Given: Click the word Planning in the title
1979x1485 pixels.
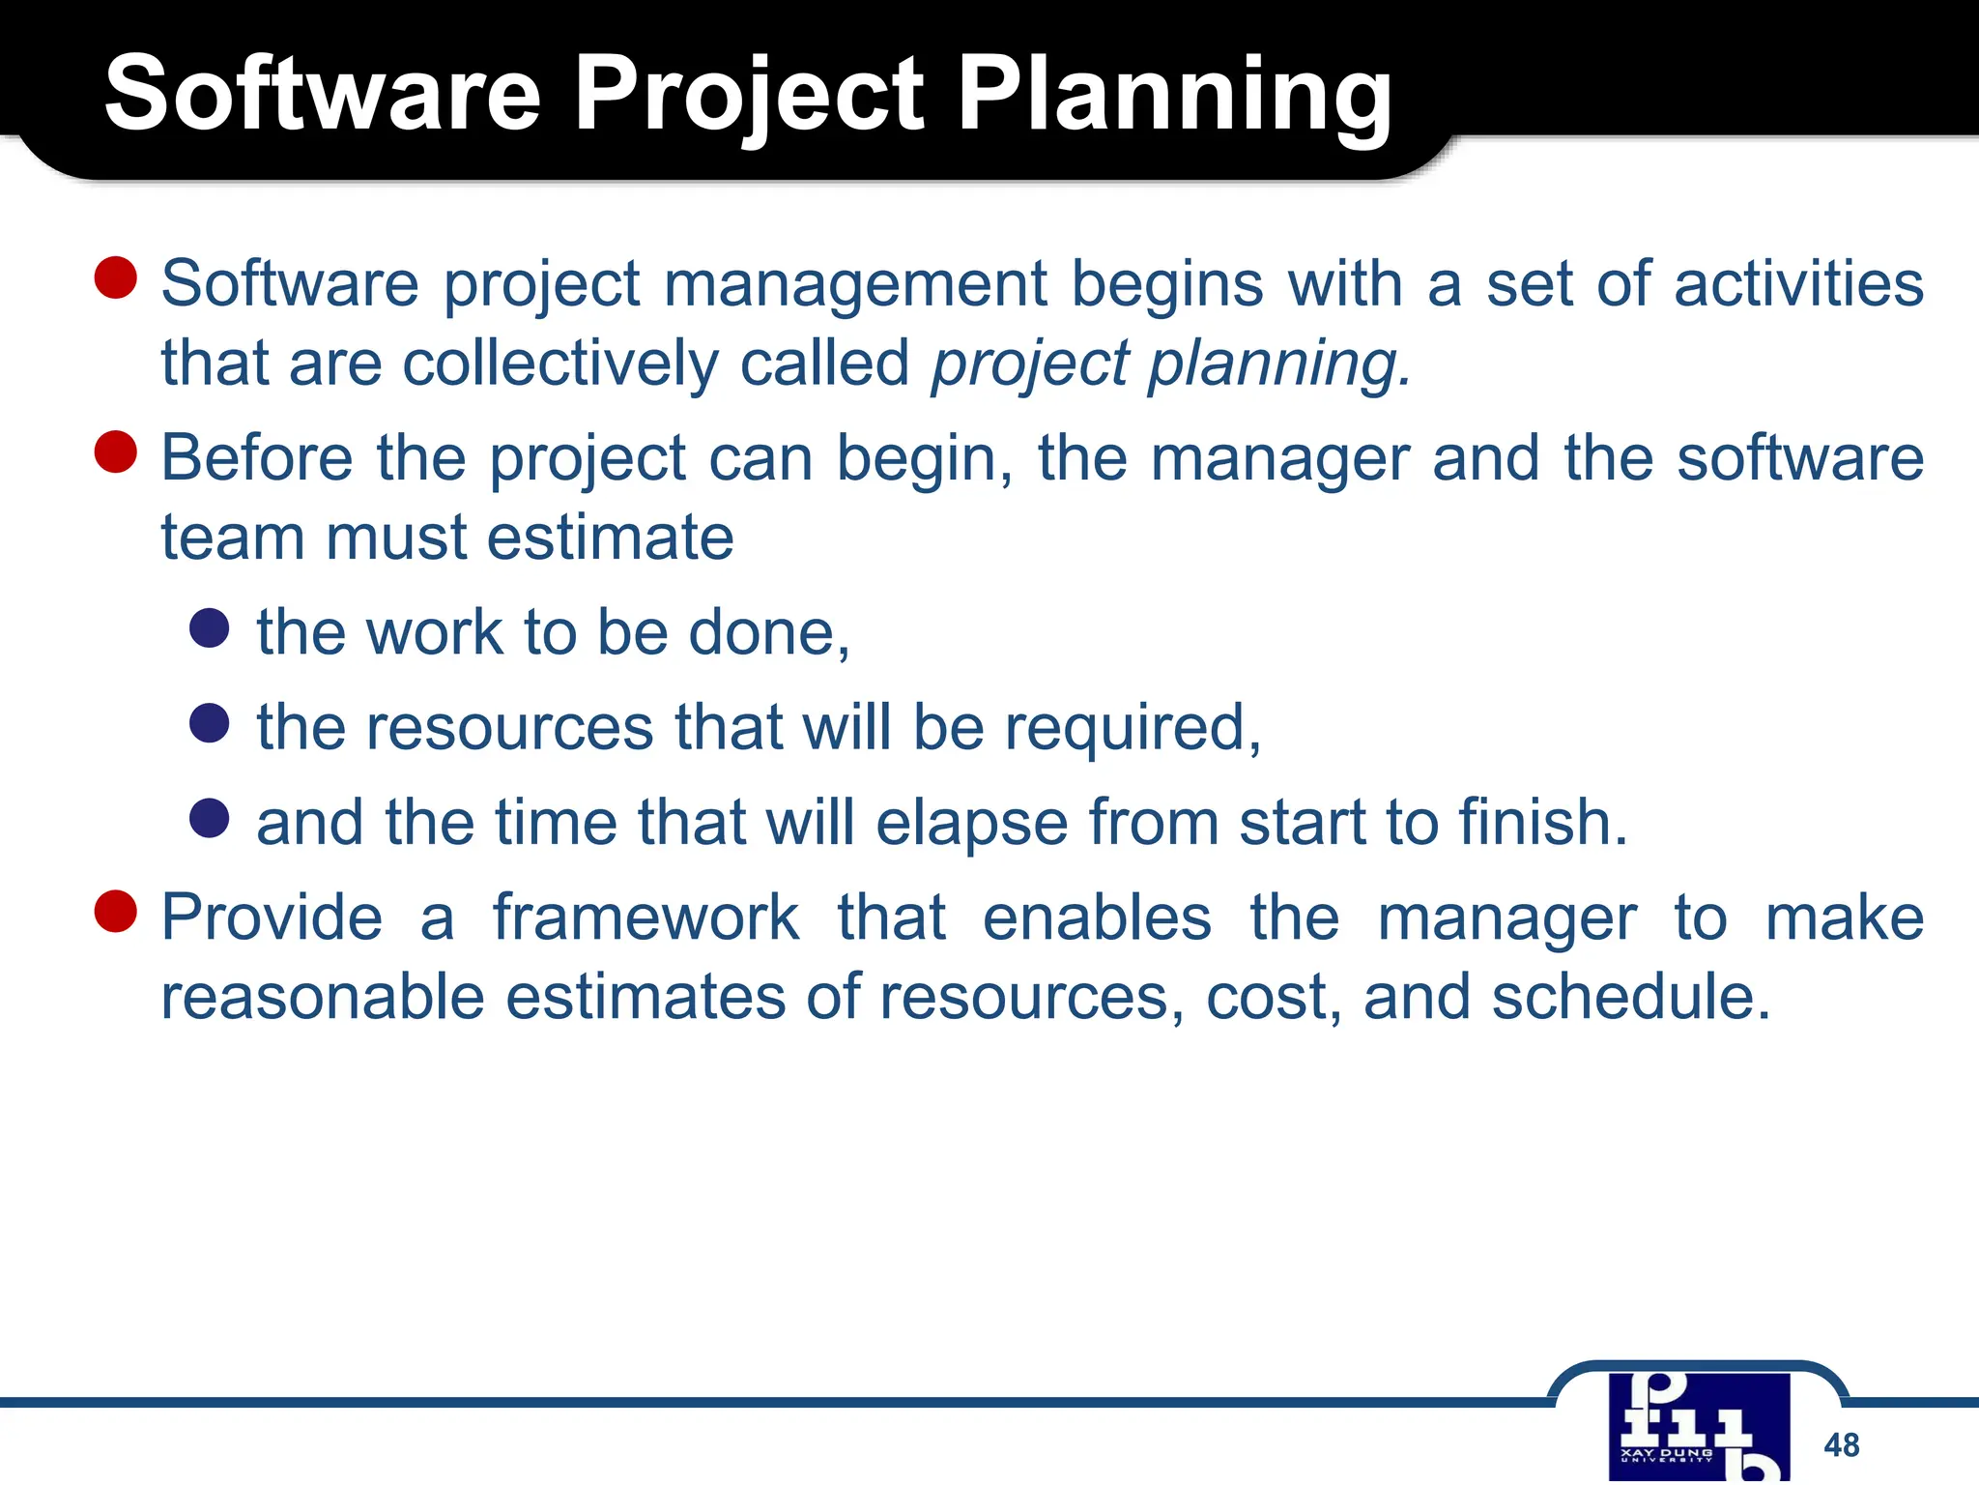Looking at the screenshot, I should [1174, 95].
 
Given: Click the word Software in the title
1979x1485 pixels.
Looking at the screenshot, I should [323, 95].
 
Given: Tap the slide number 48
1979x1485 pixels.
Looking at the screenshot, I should [1841, 1444].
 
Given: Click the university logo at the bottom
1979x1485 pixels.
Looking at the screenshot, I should [1699, 1427].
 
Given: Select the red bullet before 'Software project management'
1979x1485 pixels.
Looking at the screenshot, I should [116, 277].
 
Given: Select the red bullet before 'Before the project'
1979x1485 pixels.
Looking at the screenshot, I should [116, 451].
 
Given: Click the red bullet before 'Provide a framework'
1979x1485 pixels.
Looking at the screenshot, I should [116, 911].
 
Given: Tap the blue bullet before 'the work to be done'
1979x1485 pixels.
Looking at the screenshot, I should [210, 627].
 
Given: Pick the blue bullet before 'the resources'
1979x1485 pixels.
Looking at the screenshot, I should [210, 722].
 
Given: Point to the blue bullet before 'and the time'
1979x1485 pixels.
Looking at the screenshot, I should [210, 817].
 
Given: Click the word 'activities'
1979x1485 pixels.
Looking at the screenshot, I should [1798, 284].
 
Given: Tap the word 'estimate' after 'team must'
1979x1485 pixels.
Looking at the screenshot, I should [610, 538].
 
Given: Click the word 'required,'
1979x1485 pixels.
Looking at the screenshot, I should [1133, 728].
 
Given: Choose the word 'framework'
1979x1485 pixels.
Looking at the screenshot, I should [645, 917].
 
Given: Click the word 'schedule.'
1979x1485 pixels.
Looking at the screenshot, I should [1631, 997].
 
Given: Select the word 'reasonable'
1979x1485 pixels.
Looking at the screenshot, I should [322, 997].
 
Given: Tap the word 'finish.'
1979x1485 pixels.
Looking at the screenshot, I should [1543, 823].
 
